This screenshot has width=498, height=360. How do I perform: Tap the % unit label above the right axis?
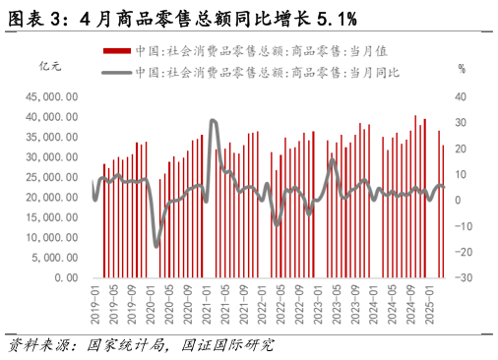(x=461, y=69)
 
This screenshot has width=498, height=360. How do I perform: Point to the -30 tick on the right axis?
(x=463, y=277)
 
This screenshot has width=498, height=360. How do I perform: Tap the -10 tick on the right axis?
(x=463, y=226)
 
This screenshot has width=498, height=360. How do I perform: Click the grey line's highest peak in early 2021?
(x=213, y=121)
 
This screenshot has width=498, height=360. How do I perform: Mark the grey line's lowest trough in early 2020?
(x=156, y=245)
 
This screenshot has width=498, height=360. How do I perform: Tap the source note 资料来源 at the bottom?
(x=43, y=345)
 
